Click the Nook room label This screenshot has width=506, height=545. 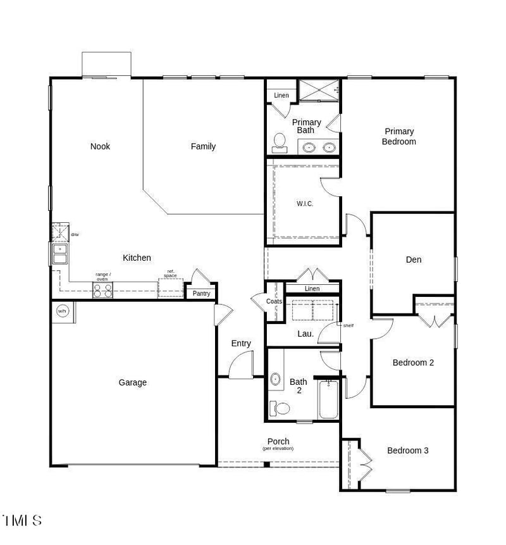(100, 146)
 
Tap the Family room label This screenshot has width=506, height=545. (203, 146)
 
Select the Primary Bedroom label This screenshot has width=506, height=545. (398, 137)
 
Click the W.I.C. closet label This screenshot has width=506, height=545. (305, 204)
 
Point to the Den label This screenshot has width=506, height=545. (414, 260)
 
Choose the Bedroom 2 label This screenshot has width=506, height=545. (413, 363)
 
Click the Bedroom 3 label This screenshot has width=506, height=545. (408, 451)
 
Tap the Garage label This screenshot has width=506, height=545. (133, 382)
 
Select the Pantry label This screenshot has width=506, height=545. (201, 294)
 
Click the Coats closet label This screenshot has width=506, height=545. (274, 302)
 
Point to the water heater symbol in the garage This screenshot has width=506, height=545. (63, 311)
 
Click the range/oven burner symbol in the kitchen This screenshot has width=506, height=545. (103, 291)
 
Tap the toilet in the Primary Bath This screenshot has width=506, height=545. (278, 143)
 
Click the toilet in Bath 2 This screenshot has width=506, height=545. (280, 408)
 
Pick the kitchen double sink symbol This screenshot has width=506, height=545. (59, 254)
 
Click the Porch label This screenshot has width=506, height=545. (278, 442)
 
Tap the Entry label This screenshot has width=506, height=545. (241, 344)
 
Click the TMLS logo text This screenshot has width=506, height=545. (22, 521)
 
